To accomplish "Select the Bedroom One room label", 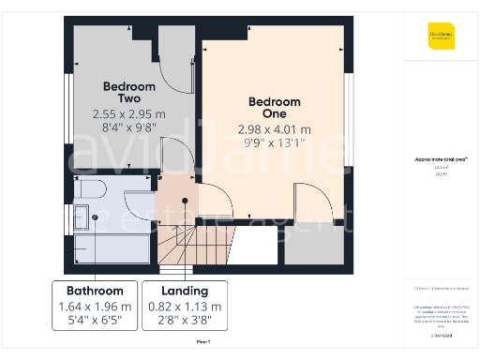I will (275, 108).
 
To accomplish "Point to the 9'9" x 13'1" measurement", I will (275, 144).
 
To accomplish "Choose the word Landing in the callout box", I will (185, 291).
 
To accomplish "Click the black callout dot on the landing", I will (185, 200).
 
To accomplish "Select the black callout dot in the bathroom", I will (94, 216).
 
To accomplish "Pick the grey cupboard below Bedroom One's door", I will (314, 246).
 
